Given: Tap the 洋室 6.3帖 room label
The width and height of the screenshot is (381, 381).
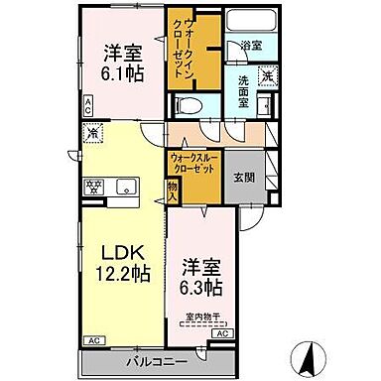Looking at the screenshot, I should click(x=200, y=277).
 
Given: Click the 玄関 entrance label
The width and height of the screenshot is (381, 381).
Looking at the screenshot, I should click(x=244, y=178).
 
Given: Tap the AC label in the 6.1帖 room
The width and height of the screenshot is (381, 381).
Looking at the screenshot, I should click(x=88, y=104).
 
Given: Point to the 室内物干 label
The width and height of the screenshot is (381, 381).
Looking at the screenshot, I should click(x=203, y=317).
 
